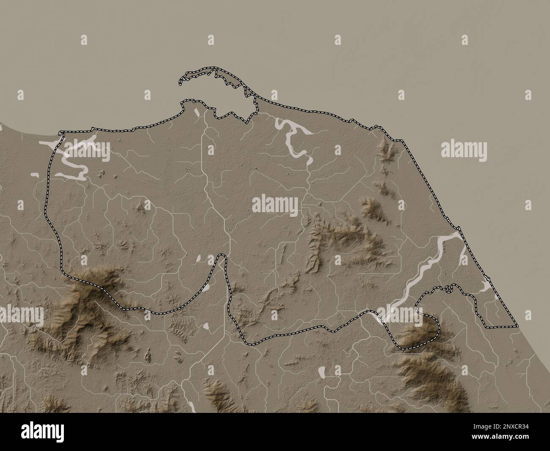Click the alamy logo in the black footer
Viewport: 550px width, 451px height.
(39, 432)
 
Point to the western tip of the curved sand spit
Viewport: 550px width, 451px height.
(181, 80)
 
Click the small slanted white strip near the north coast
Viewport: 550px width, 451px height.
(196, 111)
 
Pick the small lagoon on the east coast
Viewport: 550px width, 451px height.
(487, 288)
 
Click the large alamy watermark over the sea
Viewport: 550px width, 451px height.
(464, 149)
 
